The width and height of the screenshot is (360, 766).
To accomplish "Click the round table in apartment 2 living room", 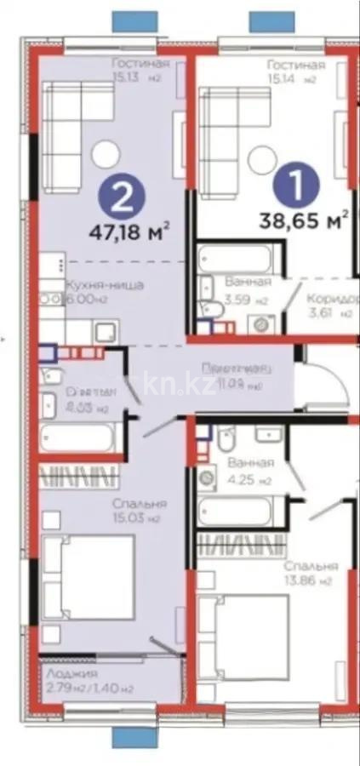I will [x=106, y=153].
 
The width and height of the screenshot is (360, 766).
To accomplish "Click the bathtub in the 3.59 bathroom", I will [x=235, y=258].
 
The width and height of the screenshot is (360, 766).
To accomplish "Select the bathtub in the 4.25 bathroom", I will [x=235, y=511].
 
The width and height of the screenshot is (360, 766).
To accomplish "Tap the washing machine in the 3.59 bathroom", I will [x=260, y=323].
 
